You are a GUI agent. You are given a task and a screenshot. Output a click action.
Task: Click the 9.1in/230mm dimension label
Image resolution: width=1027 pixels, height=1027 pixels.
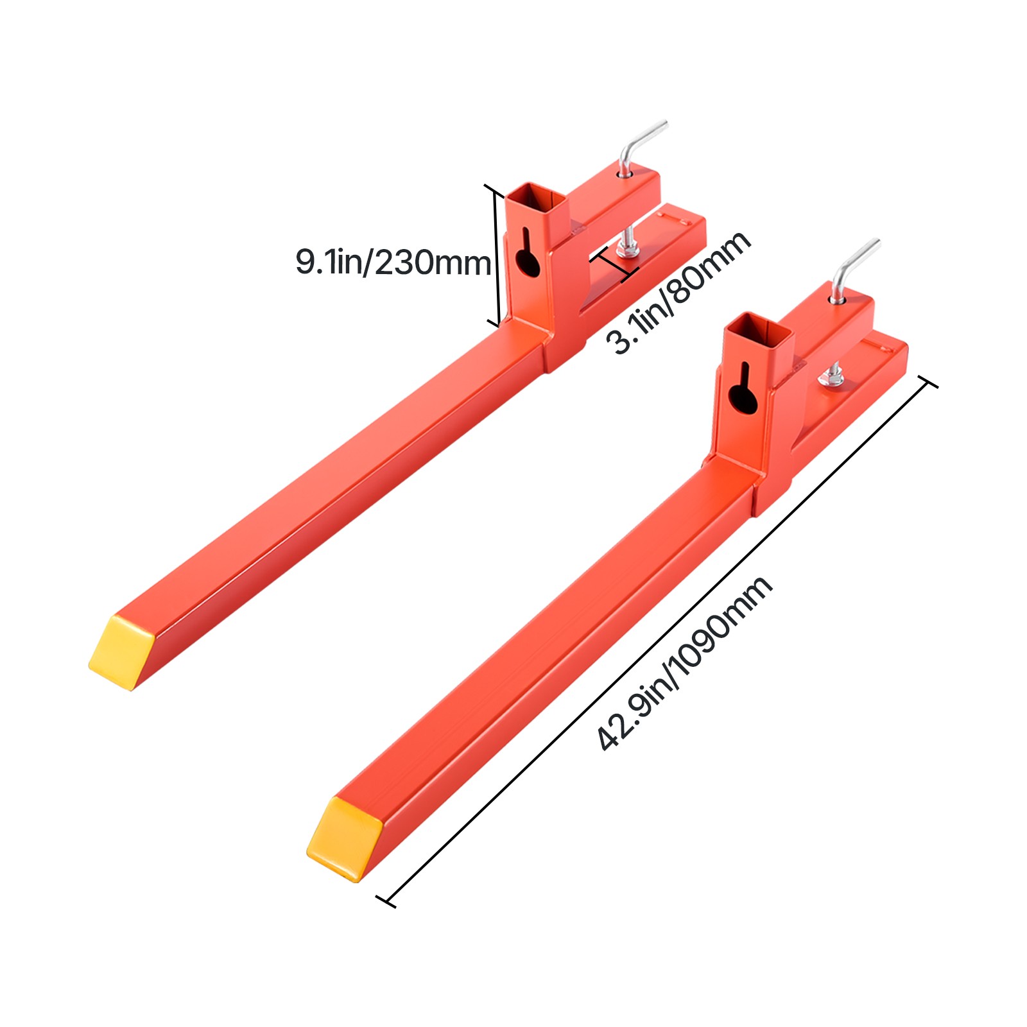pos(393,263)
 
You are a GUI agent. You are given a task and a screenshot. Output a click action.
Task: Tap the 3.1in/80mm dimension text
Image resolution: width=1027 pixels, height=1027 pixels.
pos(679,292)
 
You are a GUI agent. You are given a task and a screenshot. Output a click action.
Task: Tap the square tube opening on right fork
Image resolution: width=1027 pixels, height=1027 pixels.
pos(758,325)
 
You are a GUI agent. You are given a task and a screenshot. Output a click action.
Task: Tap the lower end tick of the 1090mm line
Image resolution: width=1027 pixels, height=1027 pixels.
pos(385,901)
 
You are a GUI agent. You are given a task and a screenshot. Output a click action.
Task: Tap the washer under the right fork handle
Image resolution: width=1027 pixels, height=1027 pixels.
pos(838,298)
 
